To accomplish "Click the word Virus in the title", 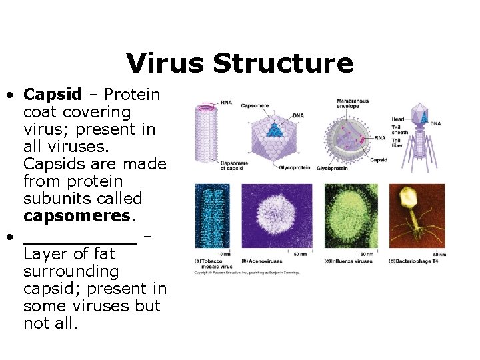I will (165, 63).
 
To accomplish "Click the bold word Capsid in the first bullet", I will (52, 95).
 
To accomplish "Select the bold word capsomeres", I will (79, 216).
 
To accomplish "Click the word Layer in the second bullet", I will (45, 254).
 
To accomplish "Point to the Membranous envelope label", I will (353, 103).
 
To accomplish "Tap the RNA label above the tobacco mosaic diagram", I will (227, 102).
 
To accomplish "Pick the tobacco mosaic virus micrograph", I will (212, 217).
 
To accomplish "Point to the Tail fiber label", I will (397, 143).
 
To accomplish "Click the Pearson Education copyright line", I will (247, 272).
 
